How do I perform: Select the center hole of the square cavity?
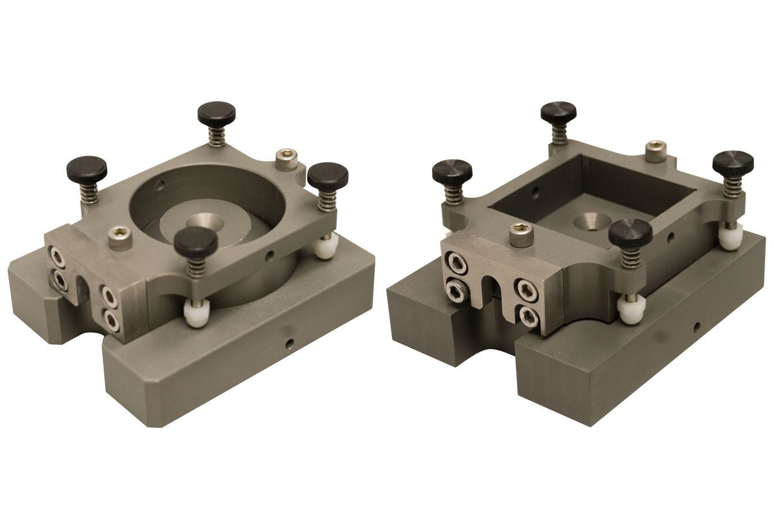coord(587,222)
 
